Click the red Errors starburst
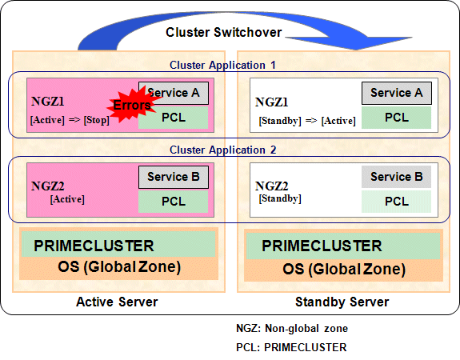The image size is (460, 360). click(x=132, y=105)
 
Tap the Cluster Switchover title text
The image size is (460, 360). click(x=223, y=32)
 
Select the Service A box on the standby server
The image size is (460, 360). click(x=397, y=93)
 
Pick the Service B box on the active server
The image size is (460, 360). click(x=174, y=178)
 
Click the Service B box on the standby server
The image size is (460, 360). click(x=396, y=177)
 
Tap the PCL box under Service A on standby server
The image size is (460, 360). click(x=396, y=118)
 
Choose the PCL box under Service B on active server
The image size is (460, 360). click(x=173, y=202)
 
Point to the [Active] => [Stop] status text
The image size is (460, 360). click(x=70, y=120)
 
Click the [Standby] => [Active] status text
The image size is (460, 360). click(x=307, y=121)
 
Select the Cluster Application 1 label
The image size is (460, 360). click(x=222, y=65)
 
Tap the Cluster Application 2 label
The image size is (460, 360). click(x=222, y=150)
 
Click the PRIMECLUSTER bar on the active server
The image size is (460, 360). click(x=118, y=244)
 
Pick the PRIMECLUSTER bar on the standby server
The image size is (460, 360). click(x=343, y=246)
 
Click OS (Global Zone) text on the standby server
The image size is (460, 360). click(x=344, y=269)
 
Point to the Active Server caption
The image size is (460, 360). click(x=117, y=302)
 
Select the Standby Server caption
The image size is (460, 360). click(x=342, y=302)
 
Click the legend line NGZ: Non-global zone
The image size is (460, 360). click(x=292, y=328)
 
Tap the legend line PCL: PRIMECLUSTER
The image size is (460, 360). click(x=291, y=347)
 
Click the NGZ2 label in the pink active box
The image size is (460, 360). click(x=47, y=186)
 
